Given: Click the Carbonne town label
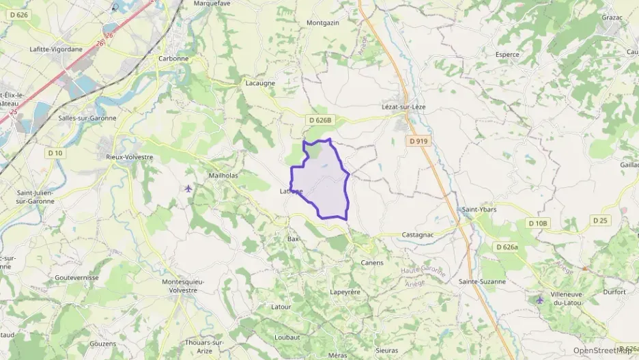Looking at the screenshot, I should (x=173, y=59).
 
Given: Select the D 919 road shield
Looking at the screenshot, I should (x=419, y=141).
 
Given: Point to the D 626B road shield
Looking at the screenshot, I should (x=319, y=120).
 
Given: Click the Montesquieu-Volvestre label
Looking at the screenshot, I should (x=180, y=286).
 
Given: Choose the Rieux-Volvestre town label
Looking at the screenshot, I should (x=129, y=157).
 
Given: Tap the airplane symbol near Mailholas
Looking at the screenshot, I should (x=189, y=189).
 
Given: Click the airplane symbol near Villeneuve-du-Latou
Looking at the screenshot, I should (x=540, y=299).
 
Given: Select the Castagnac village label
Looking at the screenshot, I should (x=418, y=234).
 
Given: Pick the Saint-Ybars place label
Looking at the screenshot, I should (x=479, y=210).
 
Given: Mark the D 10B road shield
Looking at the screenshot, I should (x=538, y=223).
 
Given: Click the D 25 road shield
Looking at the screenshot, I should (x=600, y=220).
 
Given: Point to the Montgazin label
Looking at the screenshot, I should (x=323, y=23).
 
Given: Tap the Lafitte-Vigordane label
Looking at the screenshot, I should (x=56, y=49).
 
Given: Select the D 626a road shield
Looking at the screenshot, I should (x=509, y=247).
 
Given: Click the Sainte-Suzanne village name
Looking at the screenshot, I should (x=483, y=281).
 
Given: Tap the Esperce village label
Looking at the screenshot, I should (x=507, y=55).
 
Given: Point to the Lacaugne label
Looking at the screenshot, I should (x=260, y=83).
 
